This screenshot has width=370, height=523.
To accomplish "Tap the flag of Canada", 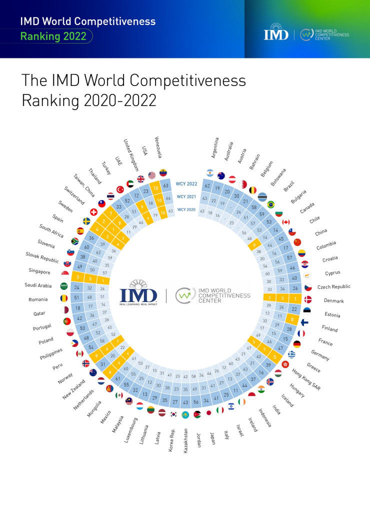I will [286, 222].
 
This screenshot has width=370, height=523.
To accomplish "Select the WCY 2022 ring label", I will [186, 183].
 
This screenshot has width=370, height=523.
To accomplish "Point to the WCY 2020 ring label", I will [186, 209].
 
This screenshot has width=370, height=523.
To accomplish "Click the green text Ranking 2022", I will [53, 36].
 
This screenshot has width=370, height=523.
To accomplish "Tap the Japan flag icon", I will [208, 413].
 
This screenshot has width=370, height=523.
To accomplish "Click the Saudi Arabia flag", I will [64, 286].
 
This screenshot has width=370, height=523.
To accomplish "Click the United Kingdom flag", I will [140, 178].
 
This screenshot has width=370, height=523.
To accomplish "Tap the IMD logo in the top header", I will [276, 34].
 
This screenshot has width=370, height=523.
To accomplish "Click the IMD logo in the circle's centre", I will [138, 295].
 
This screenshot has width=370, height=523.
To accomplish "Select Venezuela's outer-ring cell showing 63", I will [165, 185].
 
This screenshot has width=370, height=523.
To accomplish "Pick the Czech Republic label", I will [334, 287].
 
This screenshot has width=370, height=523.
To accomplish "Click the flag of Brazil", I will [271, 204].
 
